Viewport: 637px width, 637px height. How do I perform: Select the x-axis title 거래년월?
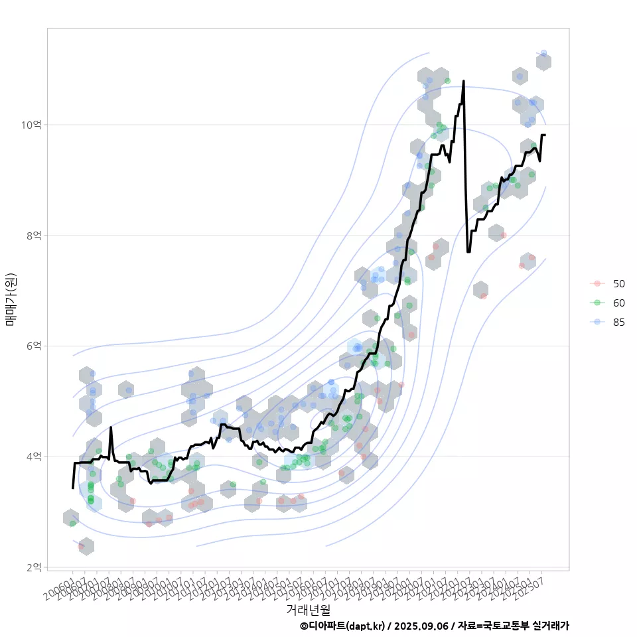point(308,608)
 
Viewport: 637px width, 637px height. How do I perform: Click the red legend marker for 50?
point(597,283)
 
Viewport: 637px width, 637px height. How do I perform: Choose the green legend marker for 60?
point(597,303)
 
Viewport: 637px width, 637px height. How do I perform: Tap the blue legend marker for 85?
point(597,322)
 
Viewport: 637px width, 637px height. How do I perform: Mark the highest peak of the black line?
point(463,81)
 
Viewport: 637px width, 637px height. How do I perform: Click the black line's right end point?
point(544,135)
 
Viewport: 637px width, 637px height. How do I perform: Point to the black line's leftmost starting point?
point(72,488)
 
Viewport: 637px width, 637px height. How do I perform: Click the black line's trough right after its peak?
point(468,251)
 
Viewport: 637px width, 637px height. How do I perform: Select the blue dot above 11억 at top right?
point(543,53)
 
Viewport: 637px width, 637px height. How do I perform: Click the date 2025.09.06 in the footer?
point(421,626)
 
